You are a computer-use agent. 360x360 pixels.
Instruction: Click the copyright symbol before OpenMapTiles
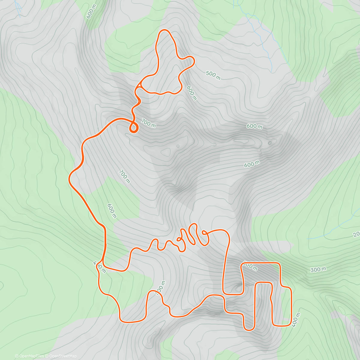coord(16,356)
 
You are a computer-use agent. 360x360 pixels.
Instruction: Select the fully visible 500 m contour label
coord(213,76)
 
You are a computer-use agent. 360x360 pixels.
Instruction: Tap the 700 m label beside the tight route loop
coord(148,123)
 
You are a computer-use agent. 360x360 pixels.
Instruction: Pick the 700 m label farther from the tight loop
coord(124,176)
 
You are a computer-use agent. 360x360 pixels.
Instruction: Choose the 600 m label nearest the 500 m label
coord(191,93)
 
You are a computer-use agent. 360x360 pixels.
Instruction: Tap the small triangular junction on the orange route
coord(139,86)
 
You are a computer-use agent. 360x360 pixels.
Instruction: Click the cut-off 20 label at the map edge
coord(356,234)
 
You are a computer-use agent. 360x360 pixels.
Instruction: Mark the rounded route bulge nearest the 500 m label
coord(190,61)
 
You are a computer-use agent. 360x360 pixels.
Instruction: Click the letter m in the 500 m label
coord(218,78)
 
